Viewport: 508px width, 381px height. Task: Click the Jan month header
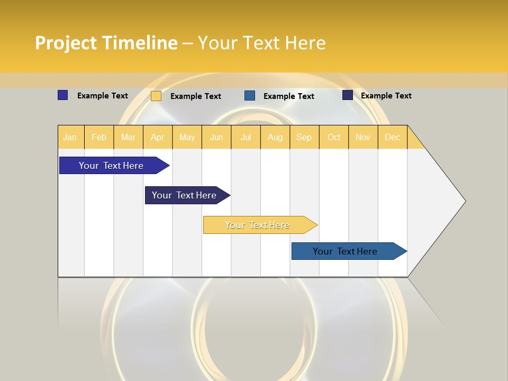coord(70,138)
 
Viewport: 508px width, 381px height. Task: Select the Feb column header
coord(99,138)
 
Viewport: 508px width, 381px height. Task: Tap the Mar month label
coord(128,138)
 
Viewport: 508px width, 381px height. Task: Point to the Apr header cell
coord(158,138)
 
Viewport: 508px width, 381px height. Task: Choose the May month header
coord(187,138)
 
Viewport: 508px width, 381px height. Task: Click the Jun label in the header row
coord(216,138)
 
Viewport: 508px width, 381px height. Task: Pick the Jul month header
coord(246,138)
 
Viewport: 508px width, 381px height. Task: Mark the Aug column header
coord(275,138)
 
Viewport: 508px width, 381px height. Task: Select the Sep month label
coord(304,138)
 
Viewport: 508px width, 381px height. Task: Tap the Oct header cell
coord(334,138)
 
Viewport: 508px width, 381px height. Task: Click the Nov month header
coord(363,138)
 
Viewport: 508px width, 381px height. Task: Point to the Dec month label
coord(393,138)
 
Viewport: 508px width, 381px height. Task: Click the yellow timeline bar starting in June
coord(257,225)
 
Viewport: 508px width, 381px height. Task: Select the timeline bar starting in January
coord(111,166)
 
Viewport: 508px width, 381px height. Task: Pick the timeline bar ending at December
coord(345,251)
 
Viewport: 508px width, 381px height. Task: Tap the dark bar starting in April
coord(184,195)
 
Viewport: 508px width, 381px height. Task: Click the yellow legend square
coord(156,96)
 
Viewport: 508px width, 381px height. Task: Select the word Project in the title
coord(66,43)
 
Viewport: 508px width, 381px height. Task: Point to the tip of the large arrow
coord(465,201)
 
